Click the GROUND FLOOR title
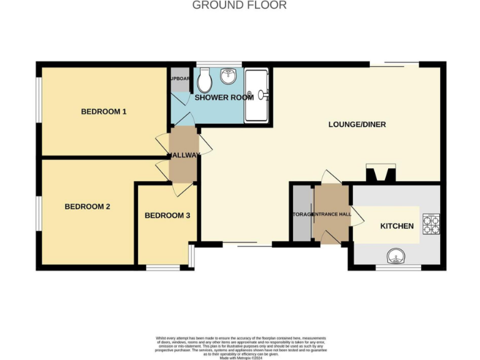[x=239, y=6]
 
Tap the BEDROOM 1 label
[x=104, y=112]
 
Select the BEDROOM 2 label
[x=87, y=206]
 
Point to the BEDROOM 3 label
[x=167, y=216]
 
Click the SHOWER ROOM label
[x=224, y=97]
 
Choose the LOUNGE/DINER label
[x=357, y=124]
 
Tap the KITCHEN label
[x=397, y=226]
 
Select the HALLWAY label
[x=183, y=155]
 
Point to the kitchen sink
[x=396, y=256]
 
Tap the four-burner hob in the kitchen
[x=431, y=223]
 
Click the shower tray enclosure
[x=257, y=95]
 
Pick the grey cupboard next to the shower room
[x=179, y=79]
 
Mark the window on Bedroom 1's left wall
[x=39, y=100]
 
